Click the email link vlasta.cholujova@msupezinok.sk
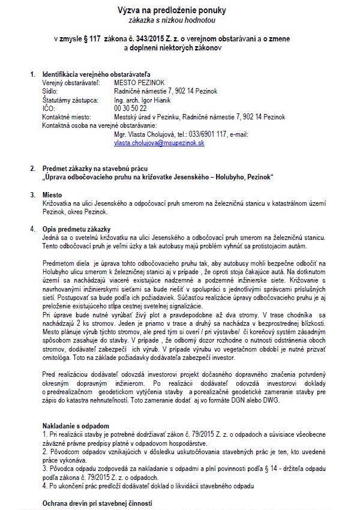tap(160, 143)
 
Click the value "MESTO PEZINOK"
tap(137, 83)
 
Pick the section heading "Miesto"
tap(52, 195)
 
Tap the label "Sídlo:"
tap(50, 91)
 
